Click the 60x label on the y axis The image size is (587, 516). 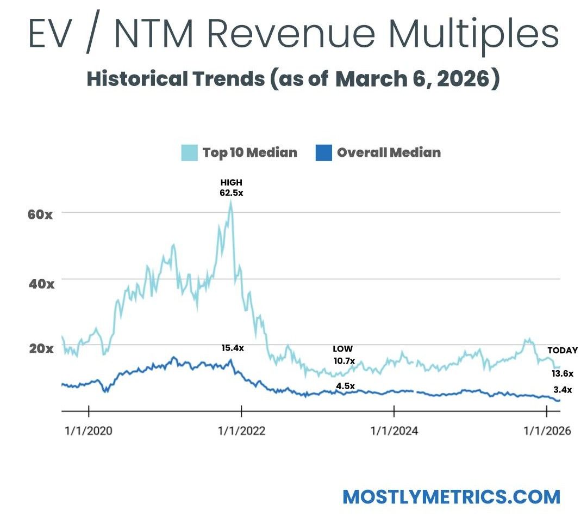tap(41, 214)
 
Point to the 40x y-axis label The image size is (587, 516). tap(41, 283)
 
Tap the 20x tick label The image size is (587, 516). tap(41, 348)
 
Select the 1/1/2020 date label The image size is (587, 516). tap(88, 431)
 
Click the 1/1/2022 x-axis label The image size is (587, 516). tap(241, 431)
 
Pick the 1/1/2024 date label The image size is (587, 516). tap(394, 431)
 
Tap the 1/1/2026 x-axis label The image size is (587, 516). tap(546, 431)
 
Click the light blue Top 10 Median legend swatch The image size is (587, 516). tap(189, 152)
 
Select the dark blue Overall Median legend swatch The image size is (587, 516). tap(323, 152)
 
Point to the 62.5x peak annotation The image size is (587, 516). tap(232, 193)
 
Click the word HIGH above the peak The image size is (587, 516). tap(232, 183)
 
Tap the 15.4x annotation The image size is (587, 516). tap(232, 348)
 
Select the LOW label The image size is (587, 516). tap(342, 348)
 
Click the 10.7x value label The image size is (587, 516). tap(343, 360)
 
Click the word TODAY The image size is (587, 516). tap(562, 351)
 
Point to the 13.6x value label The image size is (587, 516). tap(562, 373)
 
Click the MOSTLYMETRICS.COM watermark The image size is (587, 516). tap(451, 496)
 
